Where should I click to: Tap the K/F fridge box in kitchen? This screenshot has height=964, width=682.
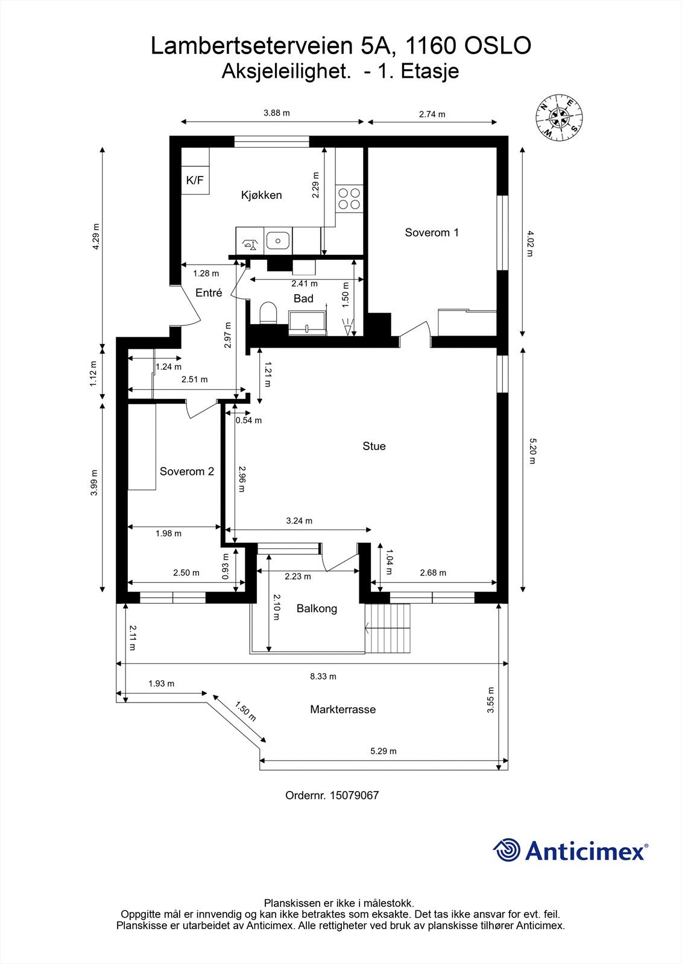pos(195,180)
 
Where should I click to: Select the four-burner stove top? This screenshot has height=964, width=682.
pos(349,199)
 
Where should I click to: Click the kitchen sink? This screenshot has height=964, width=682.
pos(278,240)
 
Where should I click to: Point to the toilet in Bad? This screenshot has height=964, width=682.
pos(267,314)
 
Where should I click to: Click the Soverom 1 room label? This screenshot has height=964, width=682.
pos(432,233)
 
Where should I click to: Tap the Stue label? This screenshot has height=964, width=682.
pos(374,446)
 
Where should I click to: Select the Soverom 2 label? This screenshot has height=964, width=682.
pos(187,472)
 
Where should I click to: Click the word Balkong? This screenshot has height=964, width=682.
pos(317,609)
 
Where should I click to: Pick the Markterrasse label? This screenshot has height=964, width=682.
pos(343,710)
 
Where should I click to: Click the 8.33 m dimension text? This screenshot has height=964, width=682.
pos(323,677)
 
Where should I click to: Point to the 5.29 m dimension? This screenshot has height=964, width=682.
pos(384,751)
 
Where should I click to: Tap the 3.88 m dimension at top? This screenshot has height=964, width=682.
pos(277,113)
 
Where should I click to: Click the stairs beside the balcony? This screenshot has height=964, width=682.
pos(390,629)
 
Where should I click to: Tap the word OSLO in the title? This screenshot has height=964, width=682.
pos(499,46)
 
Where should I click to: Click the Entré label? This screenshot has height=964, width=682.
pos(209,293)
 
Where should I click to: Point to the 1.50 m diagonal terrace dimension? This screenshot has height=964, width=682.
pos(245,712)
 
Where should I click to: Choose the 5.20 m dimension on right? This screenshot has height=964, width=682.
pos(532,451)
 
